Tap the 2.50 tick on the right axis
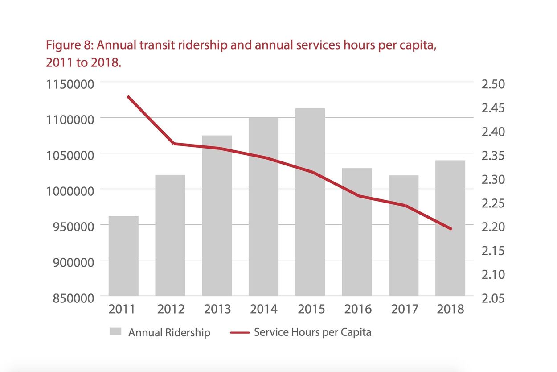click(493, 84)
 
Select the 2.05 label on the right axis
click(493, 298)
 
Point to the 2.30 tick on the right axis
click(493, 179)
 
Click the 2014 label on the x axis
click(263, 309)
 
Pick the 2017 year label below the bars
click(403, 309)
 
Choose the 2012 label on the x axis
click(170, 309)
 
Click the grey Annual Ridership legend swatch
click(115, 332)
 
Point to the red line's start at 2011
click(128, 96)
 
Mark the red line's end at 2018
click(451, 229)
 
